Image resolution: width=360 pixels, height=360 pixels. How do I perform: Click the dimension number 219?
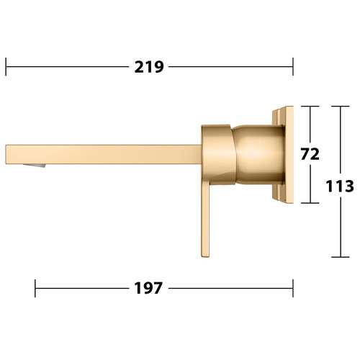coord(149,67)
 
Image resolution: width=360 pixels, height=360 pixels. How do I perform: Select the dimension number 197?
coord(148,288)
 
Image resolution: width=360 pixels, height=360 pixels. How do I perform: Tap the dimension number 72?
coord(310,154)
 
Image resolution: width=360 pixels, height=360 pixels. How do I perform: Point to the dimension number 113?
coord(340,186)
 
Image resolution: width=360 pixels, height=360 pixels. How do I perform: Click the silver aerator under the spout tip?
coord(35,166)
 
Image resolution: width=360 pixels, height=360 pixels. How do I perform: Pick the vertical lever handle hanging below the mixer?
coord(205,220)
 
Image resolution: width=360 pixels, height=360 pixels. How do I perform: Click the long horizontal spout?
coord(104,155)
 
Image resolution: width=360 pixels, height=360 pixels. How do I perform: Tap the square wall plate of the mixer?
coord(284,155)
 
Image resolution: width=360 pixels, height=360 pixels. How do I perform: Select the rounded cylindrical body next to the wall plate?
coord(259,155)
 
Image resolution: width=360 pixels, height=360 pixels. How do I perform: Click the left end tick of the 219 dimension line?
coord(6,67)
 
